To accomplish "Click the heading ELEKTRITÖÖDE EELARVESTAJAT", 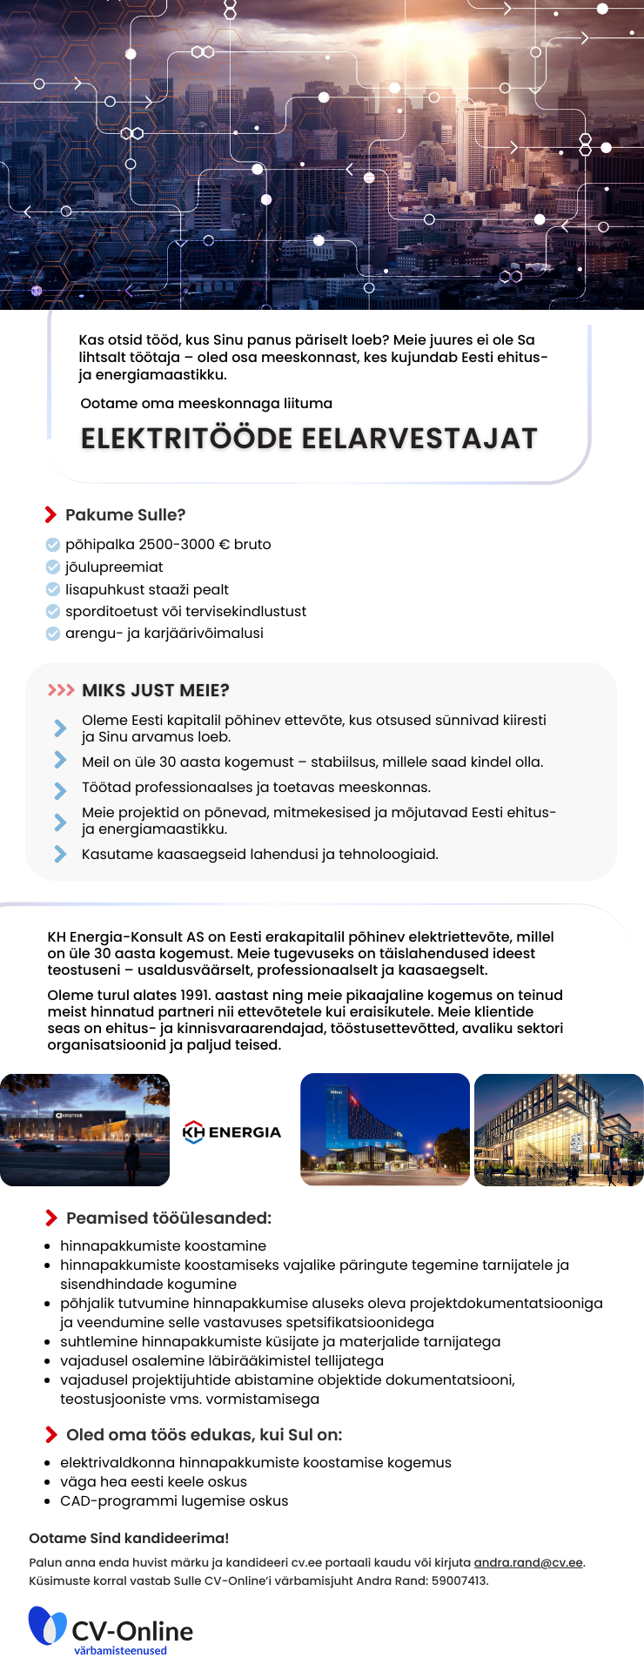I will pos(309,439).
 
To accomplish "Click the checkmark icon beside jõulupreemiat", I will pos(53,567).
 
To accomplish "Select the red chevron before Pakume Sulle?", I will pos(50,515).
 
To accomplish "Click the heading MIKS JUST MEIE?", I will pos(155,691).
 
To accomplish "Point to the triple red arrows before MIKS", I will pos(61,690).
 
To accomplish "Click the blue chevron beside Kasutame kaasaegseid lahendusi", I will pos(60,855).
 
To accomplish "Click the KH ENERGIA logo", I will pos(232,1131).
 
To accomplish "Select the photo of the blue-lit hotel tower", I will pos(385,1129).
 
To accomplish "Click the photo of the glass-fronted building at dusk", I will pos(559,1129).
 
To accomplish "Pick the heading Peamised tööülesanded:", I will pos(169,1218).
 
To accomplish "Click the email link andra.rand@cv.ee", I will pos(528,1562).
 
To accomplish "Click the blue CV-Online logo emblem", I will pos(47,1625).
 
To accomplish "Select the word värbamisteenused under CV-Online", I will pos(120,1650).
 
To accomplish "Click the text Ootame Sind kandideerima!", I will pos(129,1539).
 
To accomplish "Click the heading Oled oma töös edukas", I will pos(204,1435).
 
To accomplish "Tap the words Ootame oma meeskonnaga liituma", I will pos(206,404).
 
